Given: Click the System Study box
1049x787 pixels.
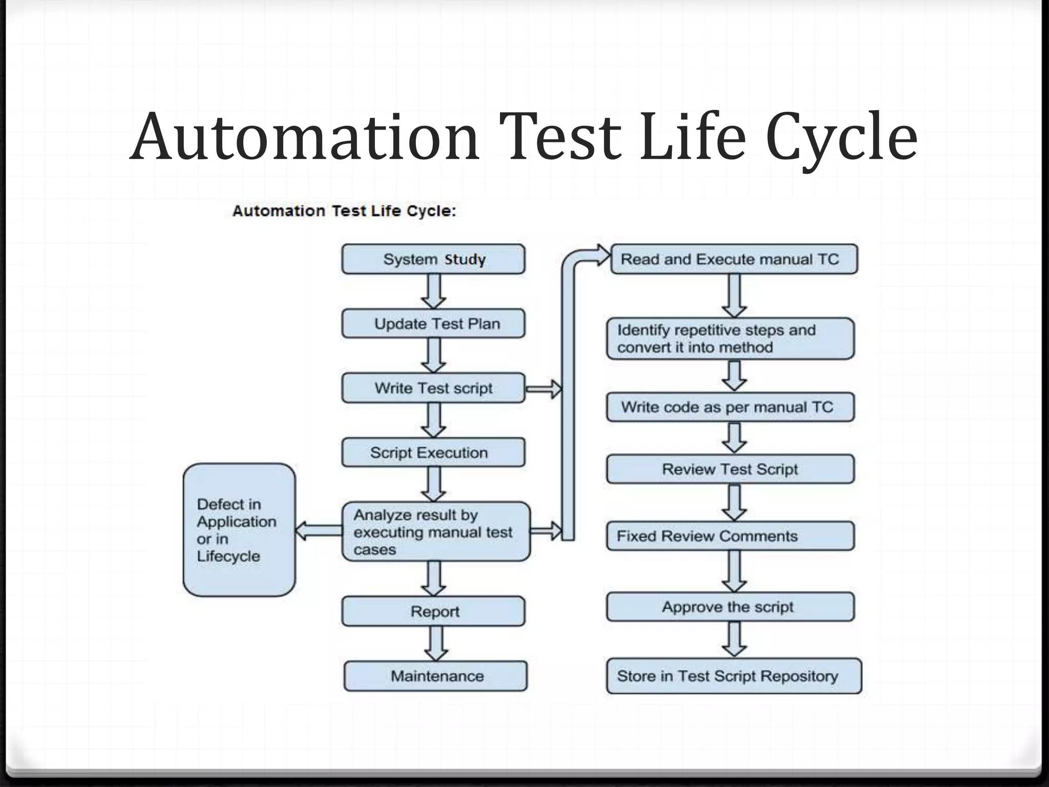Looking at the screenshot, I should (433, 259).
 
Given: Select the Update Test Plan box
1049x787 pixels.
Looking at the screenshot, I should (433, 324).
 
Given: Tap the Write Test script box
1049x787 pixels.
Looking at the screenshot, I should (433, 388).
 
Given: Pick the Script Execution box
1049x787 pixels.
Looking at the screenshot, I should (433, 452).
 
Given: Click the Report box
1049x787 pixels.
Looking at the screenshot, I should (433, 611).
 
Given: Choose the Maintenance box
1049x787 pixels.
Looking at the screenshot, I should (435, 676).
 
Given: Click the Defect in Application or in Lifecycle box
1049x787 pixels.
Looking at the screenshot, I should (239, 530).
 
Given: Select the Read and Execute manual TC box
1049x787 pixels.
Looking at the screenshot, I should (734, 259).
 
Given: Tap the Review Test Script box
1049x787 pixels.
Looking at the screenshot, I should (730, 469).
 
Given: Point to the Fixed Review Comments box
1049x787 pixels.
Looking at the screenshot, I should (730, 536).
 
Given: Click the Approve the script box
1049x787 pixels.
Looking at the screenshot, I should (730, 607).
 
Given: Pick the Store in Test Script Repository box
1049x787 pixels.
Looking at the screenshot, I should (734, 676).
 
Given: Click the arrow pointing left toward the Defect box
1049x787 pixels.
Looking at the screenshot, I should (319, 530).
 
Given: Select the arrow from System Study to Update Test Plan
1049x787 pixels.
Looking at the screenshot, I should (434, 291).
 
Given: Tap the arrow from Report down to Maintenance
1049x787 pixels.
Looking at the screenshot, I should (436, 644).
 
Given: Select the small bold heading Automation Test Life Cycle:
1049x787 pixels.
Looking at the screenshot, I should (344, 211).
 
